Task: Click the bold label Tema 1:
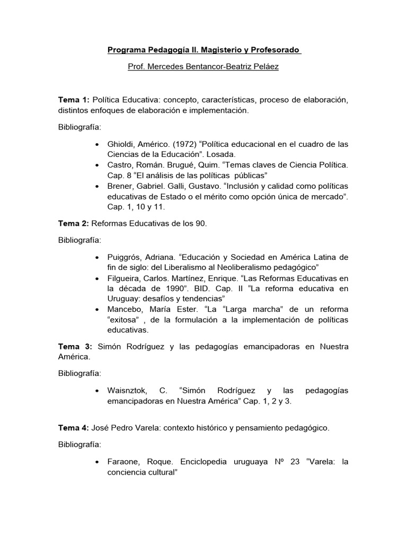[74, 100]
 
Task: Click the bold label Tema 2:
[74, 223]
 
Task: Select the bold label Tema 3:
[75, 346]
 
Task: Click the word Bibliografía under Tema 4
[79, 444]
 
